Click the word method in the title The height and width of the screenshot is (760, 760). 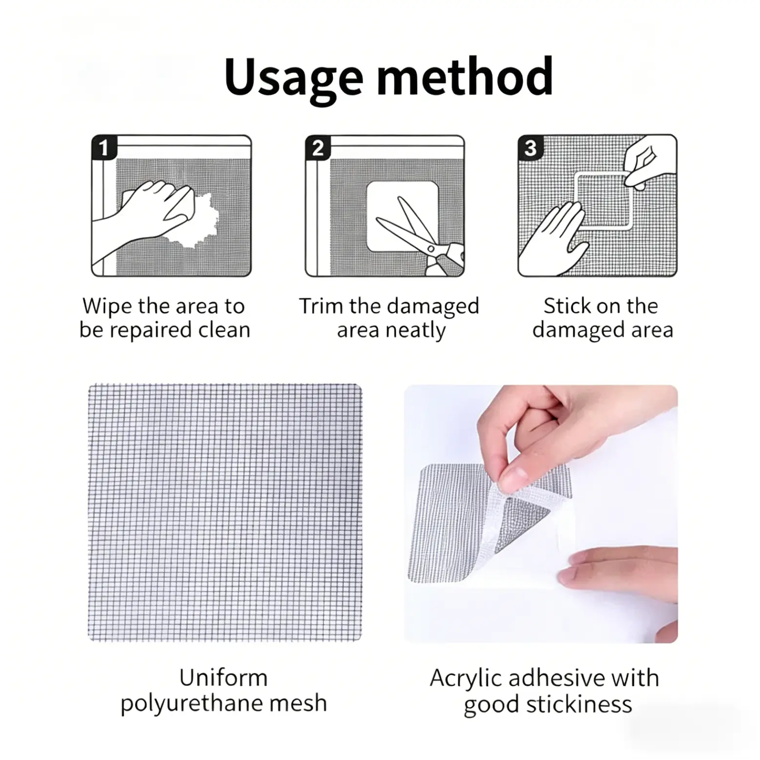pyautogui.click(x=465, y=76)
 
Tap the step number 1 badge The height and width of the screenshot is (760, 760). pyautogui.click(x=103, y=147)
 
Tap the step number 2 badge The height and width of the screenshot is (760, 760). pyautogui.click(x=317, y=147)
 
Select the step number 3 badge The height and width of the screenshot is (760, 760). pyautogui.click(x=530, y=147)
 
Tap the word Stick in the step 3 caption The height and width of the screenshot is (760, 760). pyautogui.click(x=565, y=306)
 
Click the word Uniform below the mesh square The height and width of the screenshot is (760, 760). pyautogui.click(x=223, y=678)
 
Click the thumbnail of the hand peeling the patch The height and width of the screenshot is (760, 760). pyautogui.click(x=541, y=514)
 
